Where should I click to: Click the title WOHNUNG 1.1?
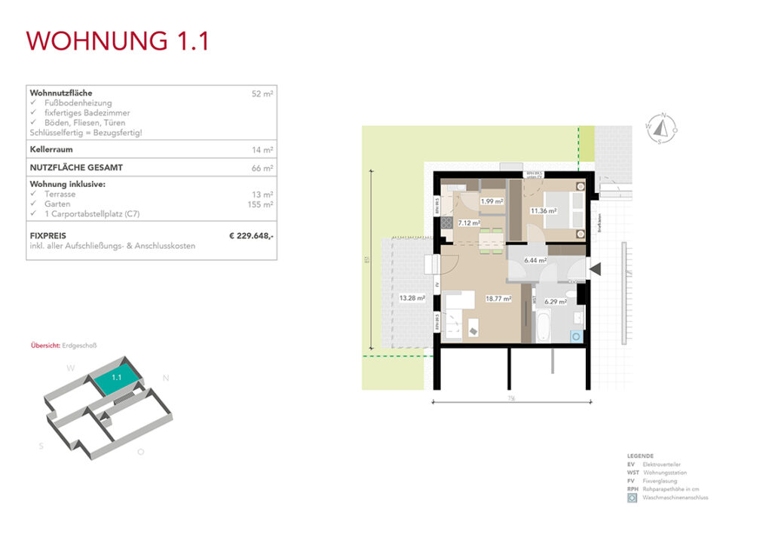point(118,41)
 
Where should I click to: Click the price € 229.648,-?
point(251,236)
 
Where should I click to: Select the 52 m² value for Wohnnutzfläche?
point(262,94)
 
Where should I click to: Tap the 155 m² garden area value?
point(260,204)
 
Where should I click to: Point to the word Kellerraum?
point(51,150)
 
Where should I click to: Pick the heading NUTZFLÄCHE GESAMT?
point(76,168)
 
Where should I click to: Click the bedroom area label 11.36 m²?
point(543,211)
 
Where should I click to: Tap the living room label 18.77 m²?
point(499,299)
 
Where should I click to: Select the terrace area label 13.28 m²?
point(412,298)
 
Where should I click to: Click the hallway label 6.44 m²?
point(535,260)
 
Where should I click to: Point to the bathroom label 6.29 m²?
point(556,302)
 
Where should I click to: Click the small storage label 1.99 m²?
point(492,201)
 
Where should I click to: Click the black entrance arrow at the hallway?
point(596,268)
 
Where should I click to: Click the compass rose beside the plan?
point(662,128)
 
